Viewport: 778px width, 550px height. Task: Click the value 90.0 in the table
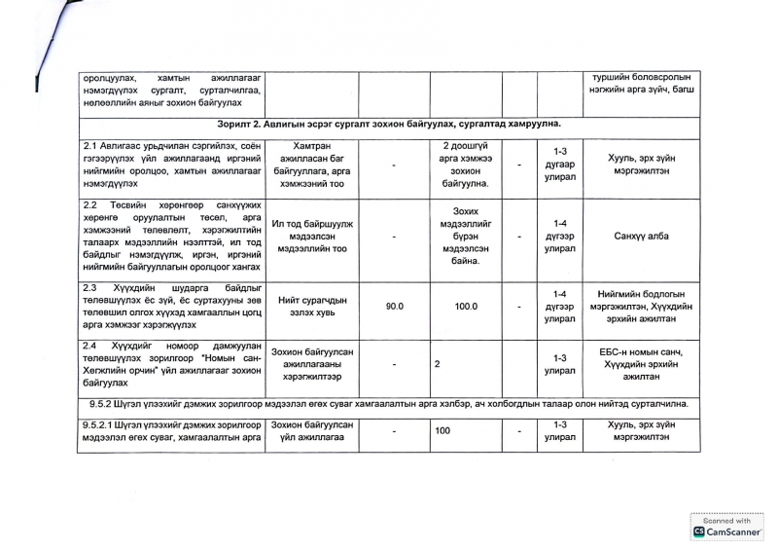(394, 306)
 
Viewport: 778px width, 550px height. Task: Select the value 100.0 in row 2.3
(466, 306)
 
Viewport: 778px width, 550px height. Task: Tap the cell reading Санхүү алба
(641, 236)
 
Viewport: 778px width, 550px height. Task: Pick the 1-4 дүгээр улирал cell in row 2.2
(559, 236)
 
